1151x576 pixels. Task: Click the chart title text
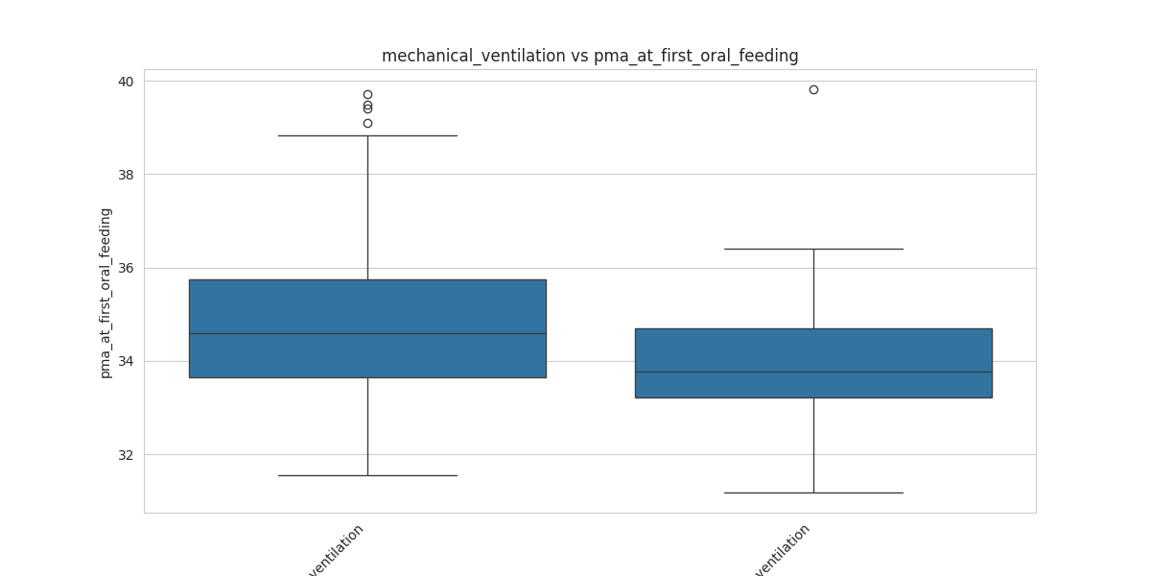[589, 56]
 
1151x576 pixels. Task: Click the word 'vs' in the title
[579, 56]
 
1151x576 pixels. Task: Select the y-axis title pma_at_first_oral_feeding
[106, 293]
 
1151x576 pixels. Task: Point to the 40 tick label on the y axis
[126, 82]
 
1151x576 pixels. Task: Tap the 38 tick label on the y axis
[126, 175]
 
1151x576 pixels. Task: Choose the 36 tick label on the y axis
[126, 268]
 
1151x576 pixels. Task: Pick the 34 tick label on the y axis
[126, 362]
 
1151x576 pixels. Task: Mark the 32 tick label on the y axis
[126, 455]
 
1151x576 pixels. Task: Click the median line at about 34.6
[367, 333]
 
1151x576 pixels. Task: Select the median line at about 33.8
[813, 372]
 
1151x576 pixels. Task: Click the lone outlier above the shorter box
[813, 89]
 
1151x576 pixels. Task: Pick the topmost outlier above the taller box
[367, 95]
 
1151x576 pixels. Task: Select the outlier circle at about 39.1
[367, 123]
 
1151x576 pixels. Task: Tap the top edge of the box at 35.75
[367, 279]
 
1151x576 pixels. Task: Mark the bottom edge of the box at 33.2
[813, 397]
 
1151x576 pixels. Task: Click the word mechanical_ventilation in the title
[474, 56]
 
